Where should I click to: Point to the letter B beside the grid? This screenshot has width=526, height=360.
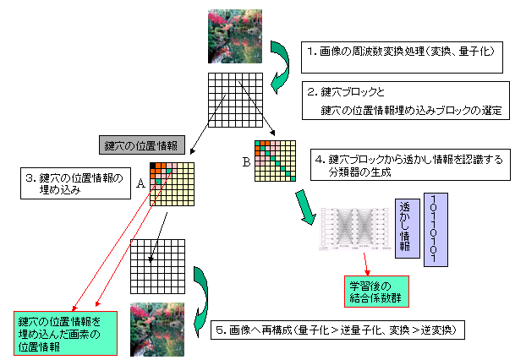246,160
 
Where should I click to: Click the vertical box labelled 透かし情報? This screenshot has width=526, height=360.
407,228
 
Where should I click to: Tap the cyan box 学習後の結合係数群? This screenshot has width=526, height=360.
372,288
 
